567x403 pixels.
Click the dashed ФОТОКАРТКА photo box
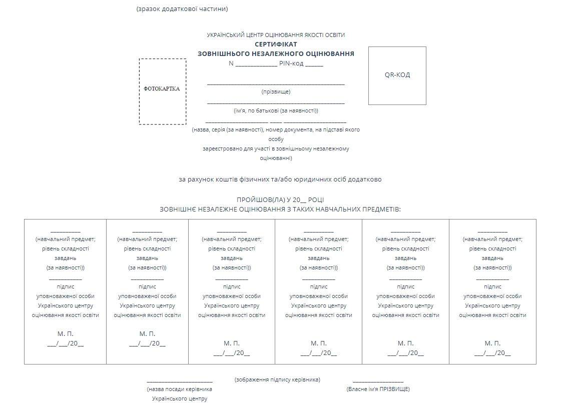[x=162, y=91]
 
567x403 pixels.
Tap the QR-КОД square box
[x=397, y=75]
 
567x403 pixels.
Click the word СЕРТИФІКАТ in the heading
[x=276, y=44]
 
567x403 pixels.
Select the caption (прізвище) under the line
[x=276, y=91]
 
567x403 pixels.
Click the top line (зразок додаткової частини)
[x=182, y=8]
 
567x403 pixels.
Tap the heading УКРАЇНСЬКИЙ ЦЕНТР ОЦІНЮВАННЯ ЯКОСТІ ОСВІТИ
[x=276, y=35]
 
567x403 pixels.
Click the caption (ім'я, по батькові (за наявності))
[x=276, y=110]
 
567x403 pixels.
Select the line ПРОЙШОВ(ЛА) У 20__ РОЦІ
[x=280, y=199]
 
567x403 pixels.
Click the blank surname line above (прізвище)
[x=276, y=83]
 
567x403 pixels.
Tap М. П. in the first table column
[x=65, y=333]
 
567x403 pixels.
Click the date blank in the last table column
[x=492, y=353]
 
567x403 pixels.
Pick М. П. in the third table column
[x=231, y=343]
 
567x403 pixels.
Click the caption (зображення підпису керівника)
[x=277, y=379]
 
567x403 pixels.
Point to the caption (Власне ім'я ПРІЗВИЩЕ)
[x=378, y=389]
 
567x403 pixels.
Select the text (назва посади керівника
[x=179, y=389]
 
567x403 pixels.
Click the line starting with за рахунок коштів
[x=280, y=179]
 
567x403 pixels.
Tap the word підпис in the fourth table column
[x=319, y=286]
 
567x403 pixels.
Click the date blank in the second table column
[x=147, y=343]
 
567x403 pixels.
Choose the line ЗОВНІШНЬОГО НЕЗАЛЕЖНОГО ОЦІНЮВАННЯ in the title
[x=276, y=53]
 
